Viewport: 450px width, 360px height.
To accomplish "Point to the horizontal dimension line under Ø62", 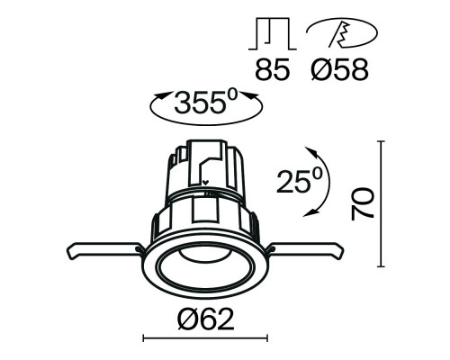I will [205, 338].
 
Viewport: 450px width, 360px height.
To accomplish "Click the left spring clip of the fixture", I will [101, 249].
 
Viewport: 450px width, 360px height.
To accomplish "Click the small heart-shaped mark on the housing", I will [206, 189].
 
